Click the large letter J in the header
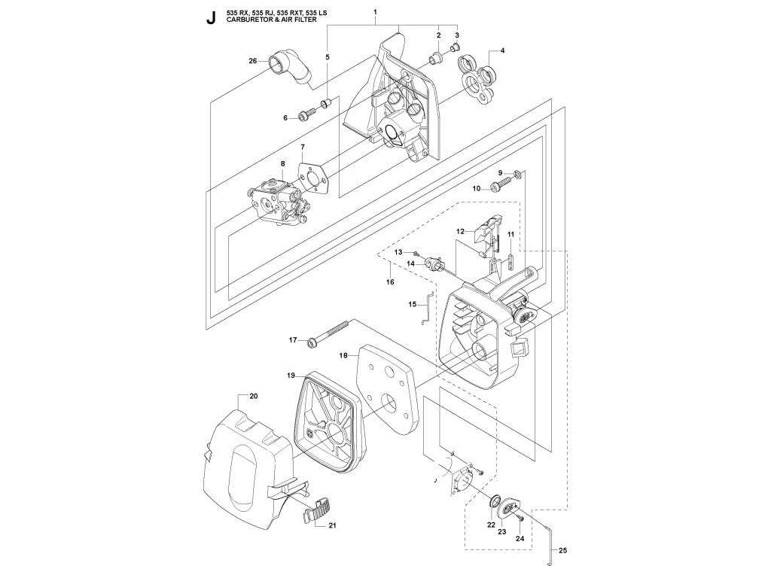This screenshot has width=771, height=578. pos(211,17)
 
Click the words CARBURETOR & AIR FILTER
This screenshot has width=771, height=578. pos(271,20)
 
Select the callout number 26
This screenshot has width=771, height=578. pos(253,61)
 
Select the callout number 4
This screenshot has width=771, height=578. pos(502,50)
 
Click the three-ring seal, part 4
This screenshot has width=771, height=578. pos(478,78)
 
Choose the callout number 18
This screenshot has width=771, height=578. pos(343,355)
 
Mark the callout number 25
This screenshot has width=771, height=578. pos(563,550)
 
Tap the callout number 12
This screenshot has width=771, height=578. pos(460,231)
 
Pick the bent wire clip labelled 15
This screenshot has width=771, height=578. pos(428,308)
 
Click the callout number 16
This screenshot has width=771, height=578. pos(391,282)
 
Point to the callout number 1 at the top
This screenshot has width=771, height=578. pos(375,11)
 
